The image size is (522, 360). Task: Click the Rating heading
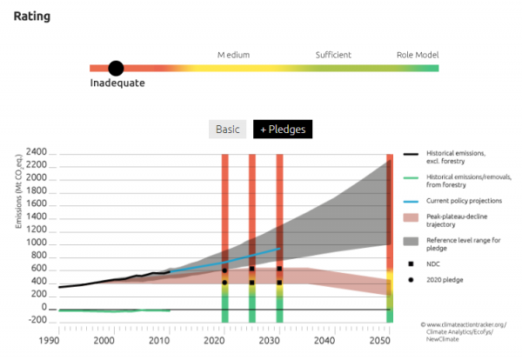coord(31,17)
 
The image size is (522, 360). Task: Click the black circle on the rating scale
coord(116,68)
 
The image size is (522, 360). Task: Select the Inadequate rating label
coord(117,83)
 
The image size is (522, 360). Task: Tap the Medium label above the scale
coord(233,56)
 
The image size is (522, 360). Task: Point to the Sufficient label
coord(333,56)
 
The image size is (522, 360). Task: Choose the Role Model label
coord(418,56)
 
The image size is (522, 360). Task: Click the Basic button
coord(227,130)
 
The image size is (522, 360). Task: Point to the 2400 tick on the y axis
coord(36,152)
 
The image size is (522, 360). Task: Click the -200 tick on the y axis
coord(37,321)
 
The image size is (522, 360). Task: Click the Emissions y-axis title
coord(18,190)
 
